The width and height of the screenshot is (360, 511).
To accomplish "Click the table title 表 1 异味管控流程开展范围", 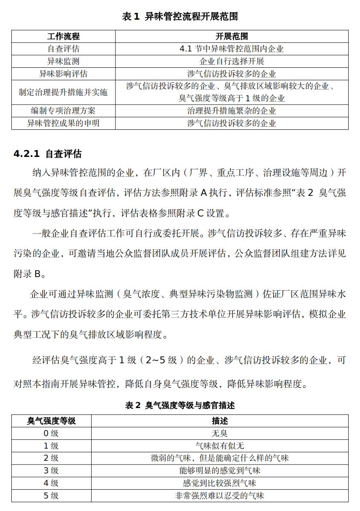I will point(180,17).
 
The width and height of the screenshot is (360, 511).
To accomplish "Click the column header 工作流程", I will point(63,36).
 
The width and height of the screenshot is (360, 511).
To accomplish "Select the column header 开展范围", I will point(231,36).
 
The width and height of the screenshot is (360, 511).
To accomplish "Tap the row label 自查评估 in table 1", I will point(63,49).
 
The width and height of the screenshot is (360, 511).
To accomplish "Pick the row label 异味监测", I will point(63,62).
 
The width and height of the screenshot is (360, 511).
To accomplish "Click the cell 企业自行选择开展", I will point(231,62).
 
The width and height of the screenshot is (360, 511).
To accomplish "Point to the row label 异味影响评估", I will point(63,74).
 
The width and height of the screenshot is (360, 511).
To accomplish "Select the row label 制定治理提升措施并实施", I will point(63,92).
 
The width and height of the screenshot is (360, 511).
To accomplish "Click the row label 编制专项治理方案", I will point(63,111).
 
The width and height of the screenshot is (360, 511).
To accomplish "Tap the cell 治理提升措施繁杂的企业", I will point(231,111).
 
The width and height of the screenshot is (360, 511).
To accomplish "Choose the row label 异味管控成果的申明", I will point(63,123).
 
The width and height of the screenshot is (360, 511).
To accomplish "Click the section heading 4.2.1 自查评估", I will point(47,154).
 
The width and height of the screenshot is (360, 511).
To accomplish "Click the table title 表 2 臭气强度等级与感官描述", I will point(180,405).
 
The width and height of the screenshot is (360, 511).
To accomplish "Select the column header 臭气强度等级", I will point(51,421).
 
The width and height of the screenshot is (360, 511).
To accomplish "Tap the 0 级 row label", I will point(51,434).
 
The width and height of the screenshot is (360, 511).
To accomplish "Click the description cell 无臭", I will point(219,434).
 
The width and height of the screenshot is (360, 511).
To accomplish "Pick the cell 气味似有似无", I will point(219,446).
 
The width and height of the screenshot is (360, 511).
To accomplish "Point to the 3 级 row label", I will point(51,471).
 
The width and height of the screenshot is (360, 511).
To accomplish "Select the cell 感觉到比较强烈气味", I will point(219,483).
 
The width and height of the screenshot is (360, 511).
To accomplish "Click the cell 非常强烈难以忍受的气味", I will point(219,496).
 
